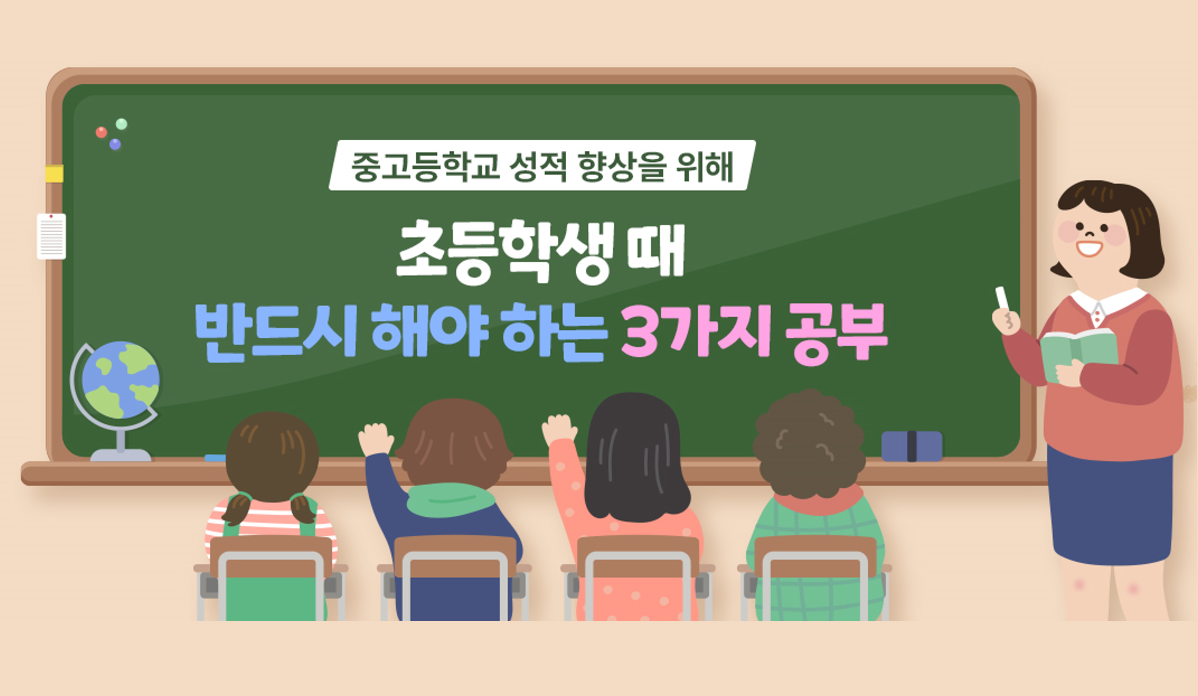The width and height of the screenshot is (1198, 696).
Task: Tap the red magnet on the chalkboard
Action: tap(101, 132)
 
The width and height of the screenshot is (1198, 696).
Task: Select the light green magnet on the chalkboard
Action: tap(122, 124)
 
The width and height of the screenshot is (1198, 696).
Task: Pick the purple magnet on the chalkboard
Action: tap(115, 144)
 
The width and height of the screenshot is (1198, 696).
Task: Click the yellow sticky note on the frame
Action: tap(54, 173)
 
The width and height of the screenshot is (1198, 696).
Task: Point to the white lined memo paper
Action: tap(51, 236)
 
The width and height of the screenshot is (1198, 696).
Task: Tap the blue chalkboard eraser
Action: tap(911, 446)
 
